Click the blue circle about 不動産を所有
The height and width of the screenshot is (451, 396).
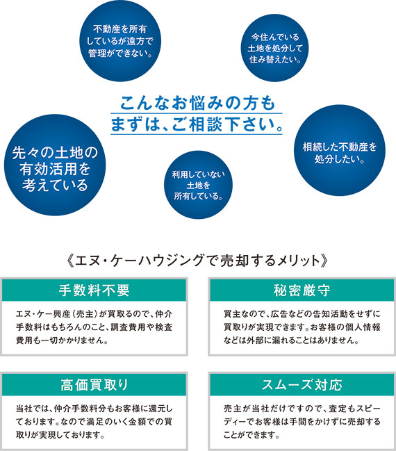[120, 41]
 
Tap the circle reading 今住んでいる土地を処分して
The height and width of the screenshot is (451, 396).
[274, 48]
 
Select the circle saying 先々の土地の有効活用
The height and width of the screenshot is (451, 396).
[55, 165]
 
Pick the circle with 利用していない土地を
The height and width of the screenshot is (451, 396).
[198, 185]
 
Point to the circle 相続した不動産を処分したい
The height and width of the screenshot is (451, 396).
[339, 150]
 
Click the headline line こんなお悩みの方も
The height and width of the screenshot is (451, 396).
[197, 103]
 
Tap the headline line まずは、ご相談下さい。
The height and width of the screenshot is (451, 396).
[197, 124]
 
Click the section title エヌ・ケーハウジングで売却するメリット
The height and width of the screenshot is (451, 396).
[197, 261]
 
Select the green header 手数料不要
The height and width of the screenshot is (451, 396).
[94, 290]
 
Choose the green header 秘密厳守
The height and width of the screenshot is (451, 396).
[302, 290]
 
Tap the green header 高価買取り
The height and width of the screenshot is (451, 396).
[94, 385]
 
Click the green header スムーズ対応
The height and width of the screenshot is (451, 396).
[302, 385]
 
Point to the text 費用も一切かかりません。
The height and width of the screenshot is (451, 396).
[63, 341]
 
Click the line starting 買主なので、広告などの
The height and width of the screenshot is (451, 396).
[302, 314]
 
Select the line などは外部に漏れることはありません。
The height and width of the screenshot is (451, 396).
[292, 341]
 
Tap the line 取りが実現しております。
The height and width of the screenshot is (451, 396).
[60, 435]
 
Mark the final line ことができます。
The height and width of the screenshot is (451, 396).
[252, 435]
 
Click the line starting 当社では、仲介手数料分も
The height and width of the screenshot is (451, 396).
[94, 409]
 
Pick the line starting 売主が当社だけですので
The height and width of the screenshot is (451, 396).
[302, 409]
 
